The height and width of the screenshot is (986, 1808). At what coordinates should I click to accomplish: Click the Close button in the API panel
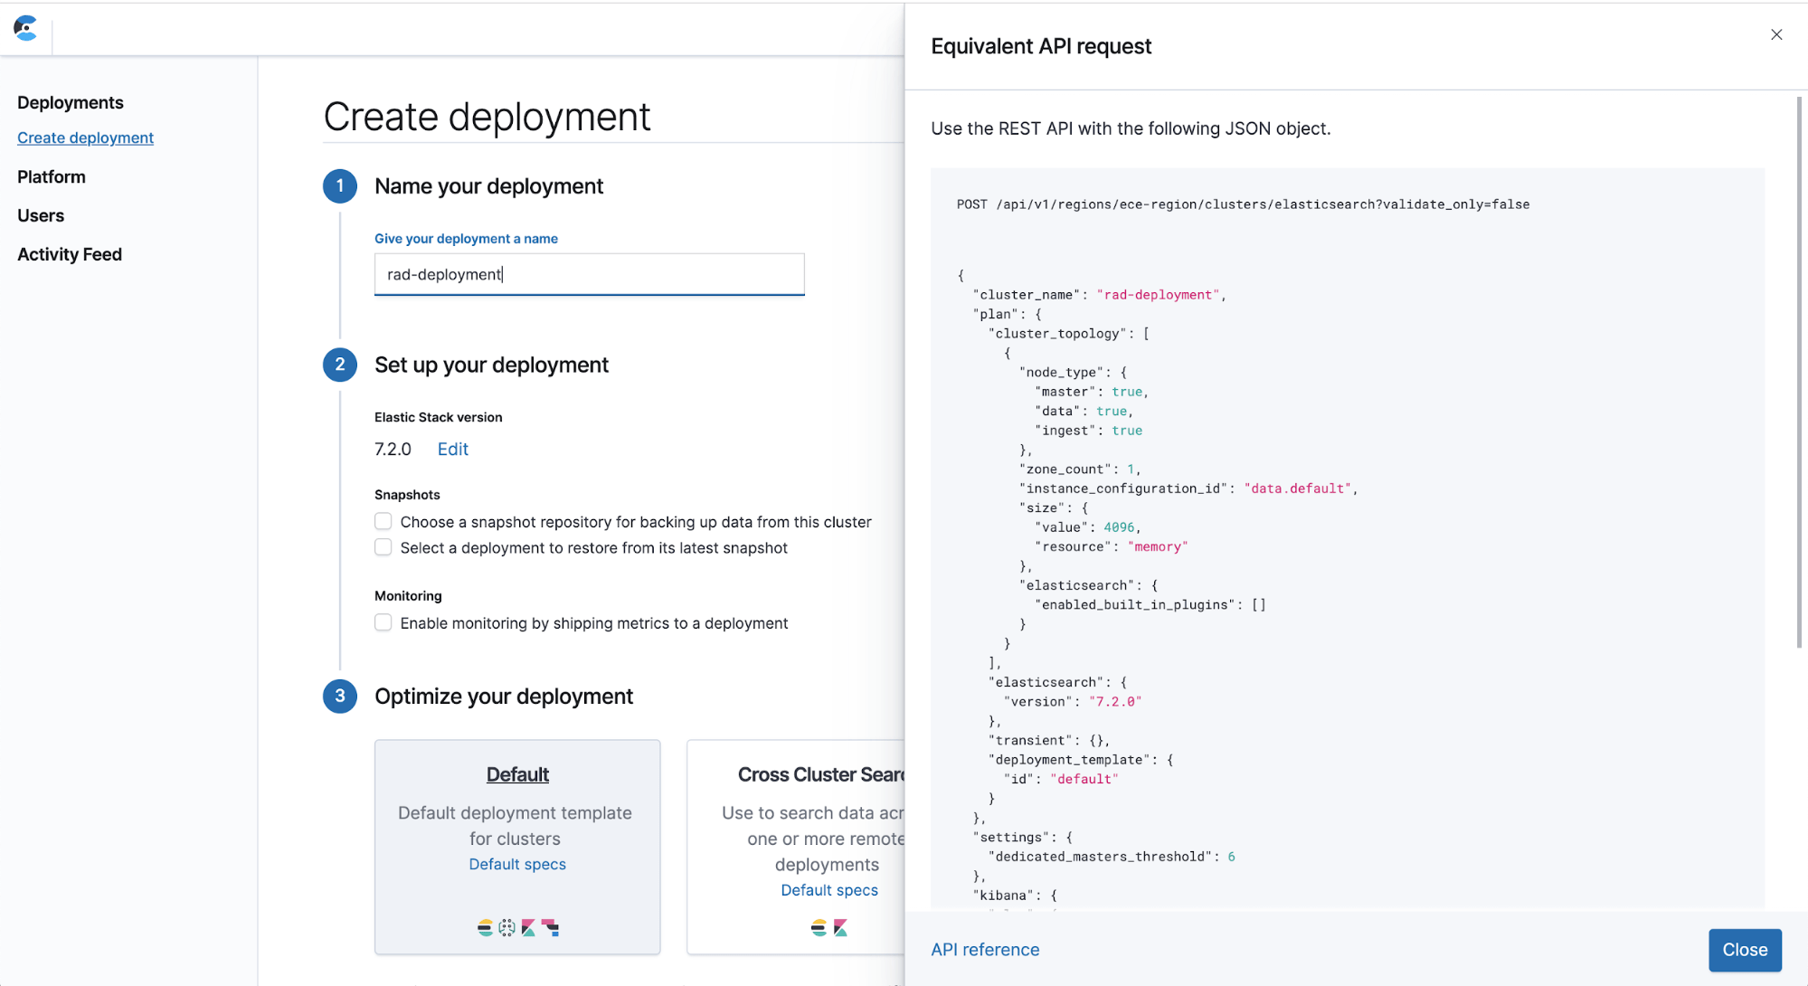(1744, 950)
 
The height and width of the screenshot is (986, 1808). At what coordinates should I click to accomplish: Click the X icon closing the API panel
(1776, 34)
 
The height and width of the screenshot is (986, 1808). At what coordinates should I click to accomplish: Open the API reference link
(985, 950)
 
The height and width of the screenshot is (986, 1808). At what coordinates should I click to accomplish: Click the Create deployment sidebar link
(85, 137)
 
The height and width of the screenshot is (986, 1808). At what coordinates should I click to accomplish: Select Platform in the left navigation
(52, 176)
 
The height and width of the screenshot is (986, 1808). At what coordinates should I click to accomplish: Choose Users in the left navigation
(41, 215)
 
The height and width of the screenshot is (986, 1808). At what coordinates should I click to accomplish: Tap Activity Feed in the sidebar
(70, 254)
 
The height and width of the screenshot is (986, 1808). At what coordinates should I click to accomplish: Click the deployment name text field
(589, 274)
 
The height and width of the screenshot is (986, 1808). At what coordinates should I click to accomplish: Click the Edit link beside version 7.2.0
(452, 449)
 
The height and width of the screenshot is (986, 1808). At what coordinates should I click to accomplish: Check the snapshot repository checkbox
(383, 522)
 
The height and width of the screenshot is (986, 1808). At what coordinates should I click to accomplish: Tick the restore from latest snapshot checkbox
(383, 547)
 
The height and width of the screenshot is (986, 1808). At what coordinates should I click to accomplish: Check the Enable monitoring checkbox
(383, 622)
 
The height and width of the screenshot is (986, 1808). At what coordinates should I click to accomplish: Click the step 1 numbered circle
(340, 186)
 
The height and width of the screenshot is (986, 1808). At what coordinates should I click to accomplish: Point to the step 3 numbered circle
(340, 696)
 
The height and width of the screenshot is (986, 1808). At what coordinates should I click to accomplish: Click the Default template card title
(517, 774)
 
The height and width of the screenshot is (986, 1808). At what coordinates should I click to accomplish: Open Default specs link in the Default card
(517, 864)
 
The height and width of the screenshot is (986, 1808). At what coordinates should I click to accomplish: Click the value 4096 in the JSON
(1119, 527)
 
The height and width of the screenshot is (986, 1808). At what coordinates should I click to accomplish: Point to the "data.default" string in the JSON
(1297, 488)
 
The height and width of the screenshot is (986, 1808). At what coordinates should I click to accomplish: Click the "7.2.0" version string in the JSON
(1115, 702)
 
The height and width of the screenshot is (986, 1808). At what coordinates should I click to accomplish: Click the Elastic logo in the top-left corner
(26, 28)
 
